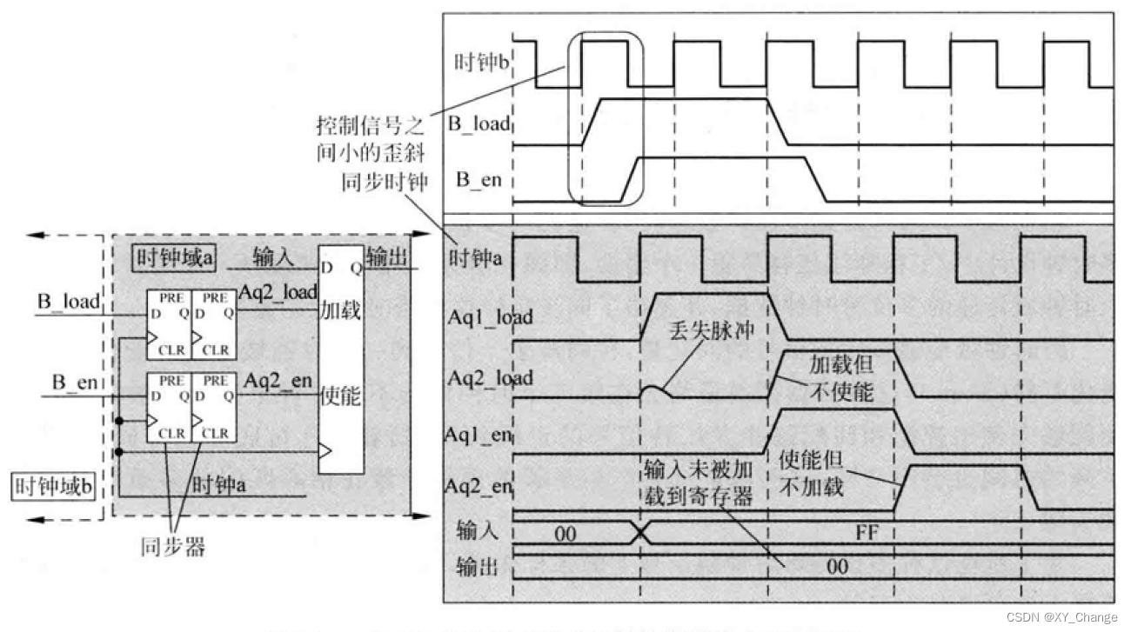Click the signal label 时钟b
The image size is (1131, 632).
click(x=481, y=63)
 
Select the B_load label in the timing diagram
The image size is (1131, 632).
click(x=478, y=124)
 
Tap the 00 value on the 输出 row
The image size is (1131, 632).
click(x=836, y=567)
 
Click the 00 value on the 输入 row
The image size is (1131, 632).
click(x=565, y=535)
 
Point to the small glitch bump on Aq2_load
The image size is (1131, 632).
click(x=653, y=390)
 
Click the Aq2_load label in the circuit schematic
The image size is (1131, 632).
click(x=278, y=295)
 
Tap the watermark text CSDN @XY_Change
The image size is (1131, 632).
click(x=1061, y=616)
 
